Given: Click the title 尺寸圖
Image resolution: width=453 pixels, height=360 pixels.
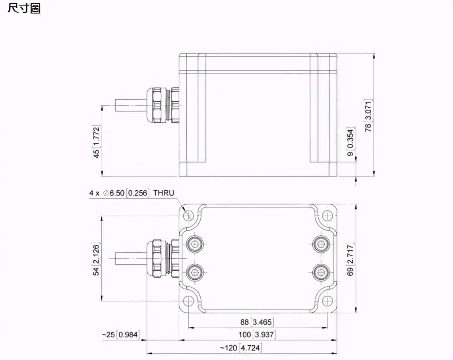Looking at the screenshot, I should coord(24,8).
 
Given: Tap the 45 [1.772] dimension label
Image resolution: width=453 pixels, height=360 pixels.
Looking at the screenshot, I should coord(96,142).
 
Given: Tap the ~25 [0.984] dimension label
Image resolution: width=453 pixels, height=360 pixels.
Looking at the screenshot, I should coord(120,335).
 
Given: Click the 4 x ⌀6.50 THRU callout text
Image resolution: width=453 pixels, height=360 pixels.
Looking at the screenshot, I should coord(132,193).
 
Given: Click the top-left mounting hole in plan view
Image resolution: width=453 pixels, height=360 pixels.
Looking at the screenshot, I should coord(189,215).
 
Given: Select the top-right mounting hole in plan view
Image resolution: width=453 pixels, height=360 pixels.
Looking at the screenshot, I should coord(327,215).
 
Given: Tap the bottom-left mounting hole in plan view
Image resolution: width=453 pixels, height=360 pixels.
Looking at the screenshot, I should coord(189,301).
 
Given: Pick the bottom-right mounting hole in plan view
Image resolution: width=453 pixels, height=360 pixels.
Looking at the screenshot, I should coord(327,301).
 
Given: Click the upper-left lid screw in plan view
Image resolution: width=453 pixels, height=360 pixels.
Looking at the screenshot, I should coord(195,244).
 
